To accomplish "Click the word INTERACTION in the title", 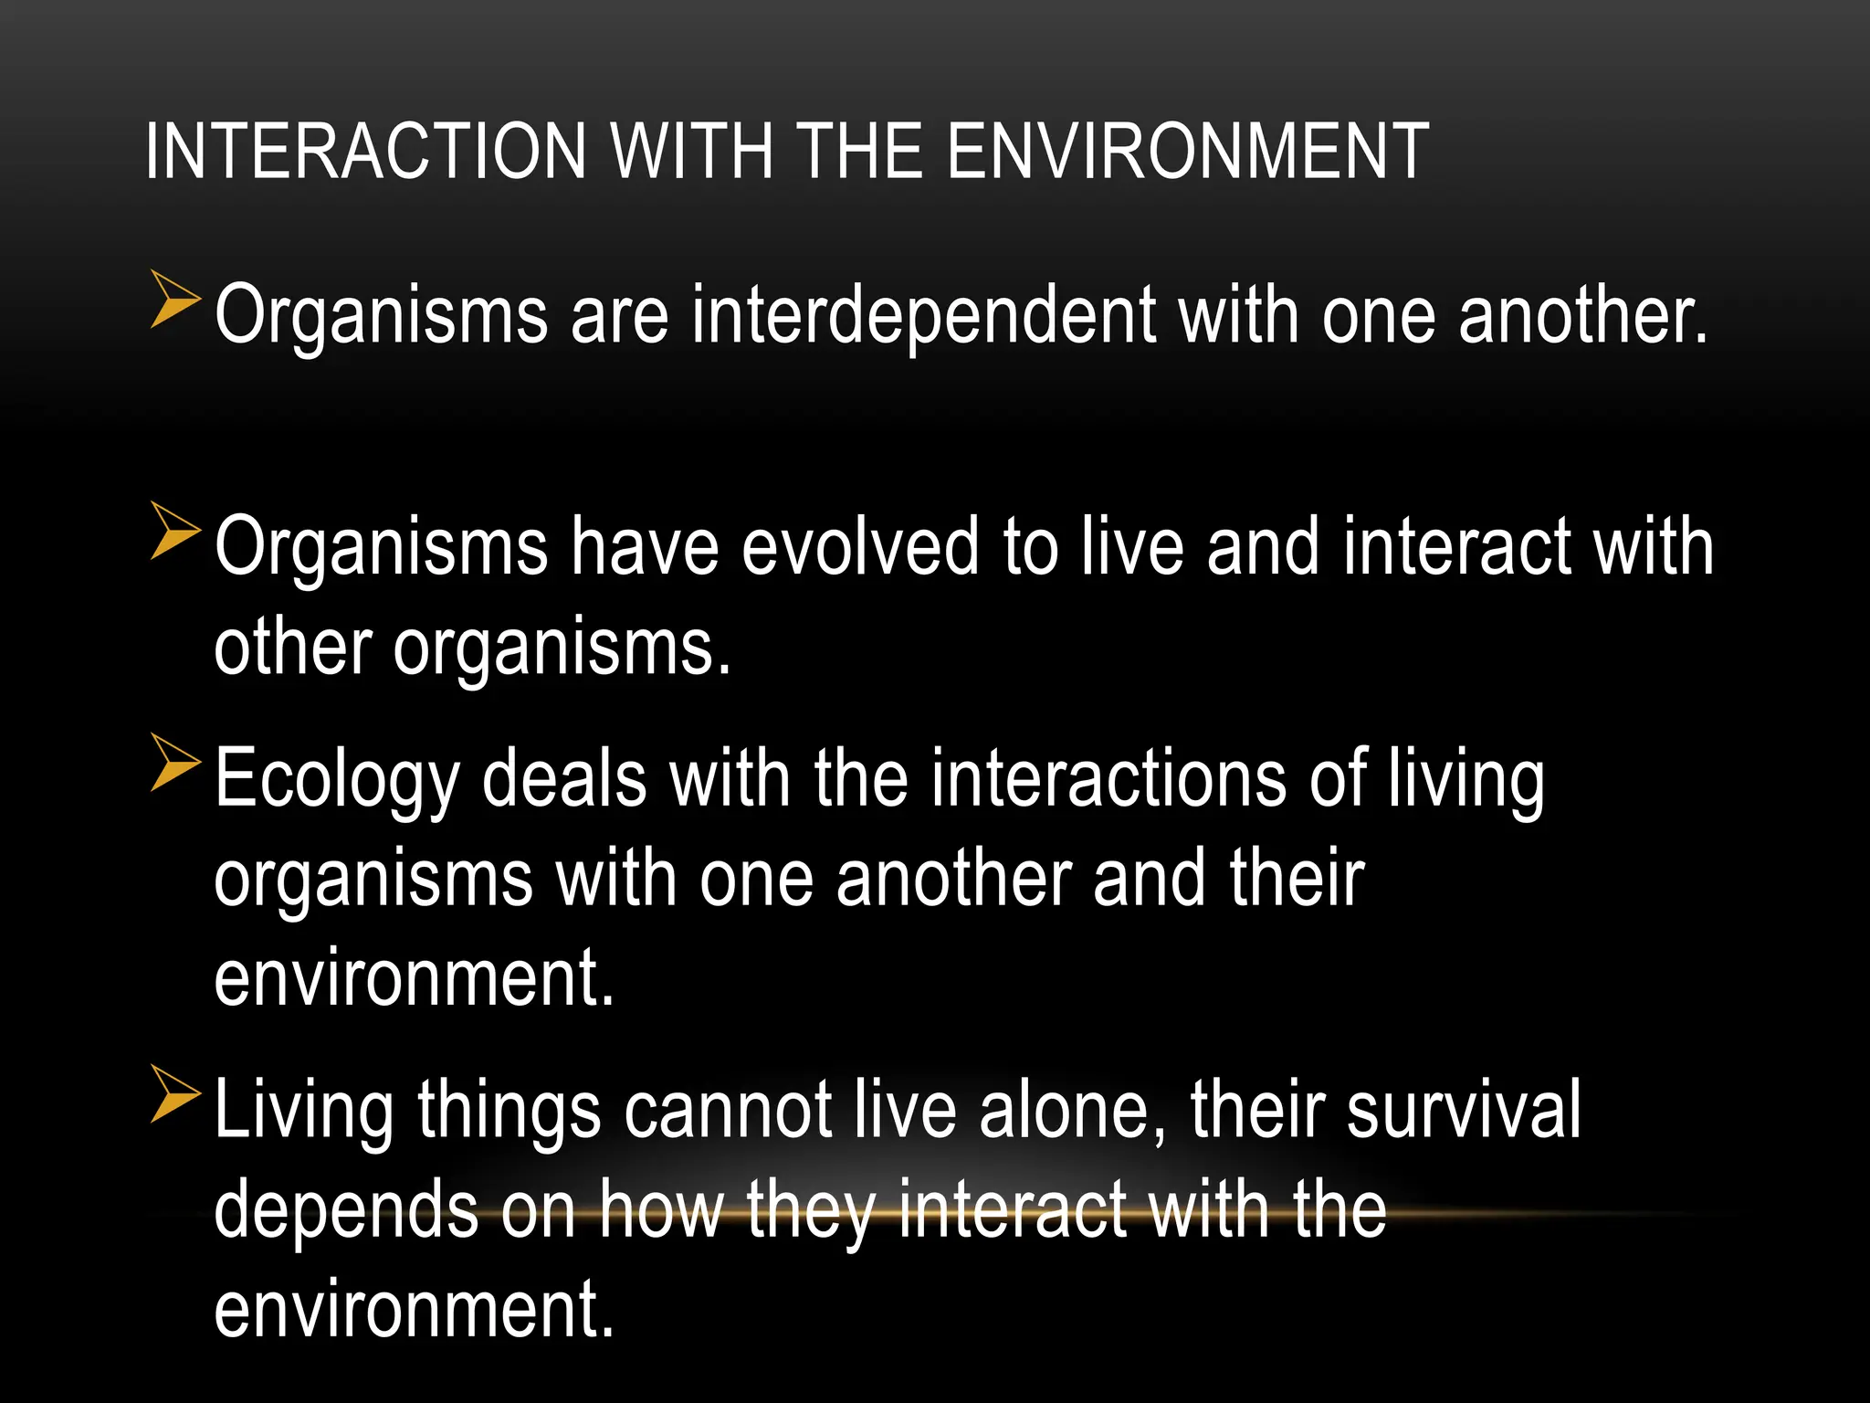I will coord(365,151).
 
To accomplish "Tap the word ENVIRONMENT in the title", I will coord(1187,151).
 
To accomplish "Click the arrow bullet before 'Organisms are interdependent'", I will coord(174,299).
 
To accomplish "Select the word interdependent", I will coord(923,317).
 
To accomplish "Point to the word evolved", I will coord(859,547).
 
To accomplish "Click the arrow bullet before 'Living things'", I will coord(174,1093).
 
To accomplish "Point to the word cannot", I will coord(728,1111).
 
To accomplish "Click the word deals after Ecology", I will coord(563,779).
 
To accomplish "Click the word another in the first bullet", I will coord(1582,317).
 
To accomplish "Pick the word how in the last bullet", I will coord(660,1210).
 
